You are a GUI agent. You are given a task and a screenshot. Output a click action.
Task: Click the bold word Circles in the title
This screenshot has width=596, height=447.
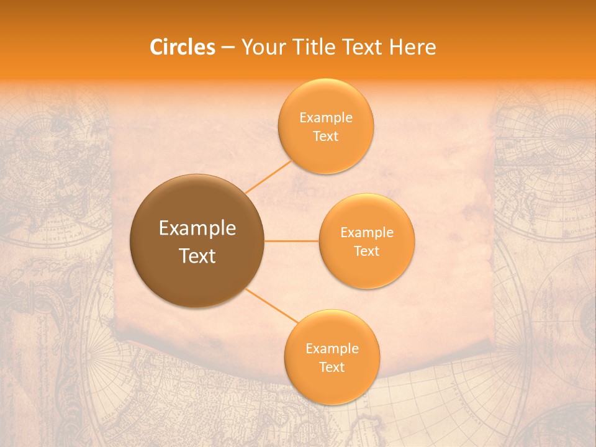(182, 47)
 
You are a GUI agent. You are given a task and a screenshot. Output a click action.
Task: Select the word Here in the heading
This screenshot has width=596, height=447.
(413, 47)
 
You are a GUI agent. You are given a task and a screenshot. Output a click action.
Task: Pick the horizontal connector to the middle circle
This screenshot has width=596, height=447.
(292, 241)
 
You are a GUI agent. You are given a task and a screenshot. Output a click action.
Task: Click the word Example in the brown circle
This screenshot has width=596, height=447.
(197, 228)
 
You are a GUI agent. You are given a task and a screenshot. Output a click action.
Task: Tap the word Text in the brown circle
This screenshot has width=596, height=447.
(197, 256)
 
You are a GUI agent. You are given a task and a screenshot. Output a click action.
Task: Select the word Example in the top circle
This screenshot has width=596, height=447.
(326, 118)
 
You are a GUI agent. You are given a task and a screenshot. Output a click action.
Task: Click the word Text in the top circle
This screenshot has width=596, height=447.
(325, 137)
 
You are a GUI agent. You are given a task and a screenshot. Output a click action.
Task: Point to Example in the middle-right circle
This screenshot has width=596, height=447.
(367, 233)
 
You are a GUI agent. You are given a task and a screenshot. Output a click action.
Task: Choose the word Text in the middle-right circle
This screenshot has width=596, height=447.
(366, 251)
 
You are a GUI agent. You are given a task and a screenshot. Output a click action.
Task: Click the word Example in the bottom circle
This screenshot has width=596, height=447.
(332, 349)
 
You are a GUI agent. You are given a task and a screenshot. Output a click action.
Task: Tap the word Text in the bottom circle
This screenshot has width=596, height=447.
(332, 368)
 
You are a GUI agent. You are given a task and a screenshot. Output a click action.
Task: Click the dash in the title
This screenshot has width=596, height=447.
(228, 48)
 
